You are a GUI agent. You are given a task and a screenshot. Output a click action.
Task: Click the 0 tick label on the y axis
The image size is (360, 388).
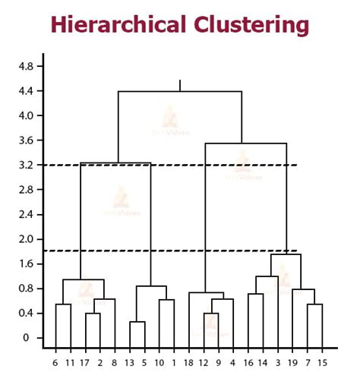(x=27, y=338)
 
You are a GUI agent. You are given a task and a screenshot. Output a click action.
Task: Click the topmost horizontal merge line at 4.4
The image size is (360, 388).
(x=180, y=91)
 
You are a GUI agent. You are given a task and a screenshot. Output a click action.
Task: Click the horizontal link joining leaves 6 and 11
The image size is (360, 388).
(x=63, y=304)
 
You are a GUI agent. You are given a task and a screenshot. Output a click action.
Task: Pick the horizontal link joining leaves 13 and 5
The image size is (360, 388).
(x=137, y=322)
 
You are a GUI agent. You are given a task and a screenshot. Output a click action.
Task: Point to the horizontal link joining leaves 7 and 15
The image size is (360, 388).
(x=314, y=304)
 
